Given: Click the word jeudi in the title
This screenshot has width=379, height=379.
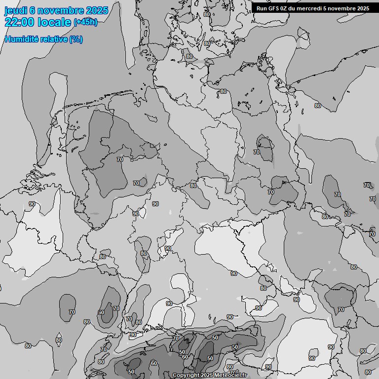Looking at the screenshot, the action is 16,11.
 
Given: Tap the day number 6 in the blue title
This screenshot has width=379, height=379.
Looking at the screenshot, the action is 33,11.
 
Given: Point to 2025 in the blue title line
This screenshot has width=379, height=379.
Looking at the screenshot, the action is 97,11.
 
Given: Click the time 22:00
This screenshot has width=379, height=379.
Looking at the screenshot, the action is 19,22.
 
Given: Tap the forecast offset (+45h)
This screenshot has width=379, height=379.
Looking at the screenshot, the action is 85,22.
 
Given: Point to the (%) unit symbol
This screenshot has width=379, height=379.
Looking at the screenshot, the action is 76,39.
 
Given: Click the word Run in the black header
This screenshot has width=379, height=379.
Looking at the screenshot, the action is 262,8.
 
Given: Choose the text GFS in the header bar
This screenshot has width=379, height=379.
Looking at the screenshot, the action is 274,8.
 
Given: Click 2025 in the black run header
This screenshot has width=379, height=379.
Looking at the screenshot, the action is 362,8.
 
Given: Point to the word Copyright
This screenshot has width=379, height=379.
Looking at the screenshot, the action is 186,376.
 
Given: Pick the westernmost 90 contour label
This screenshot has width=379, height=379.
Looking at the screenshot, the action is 32,204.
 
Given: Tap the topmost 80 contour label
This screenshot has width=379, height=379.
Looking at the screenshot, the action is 206,14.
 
